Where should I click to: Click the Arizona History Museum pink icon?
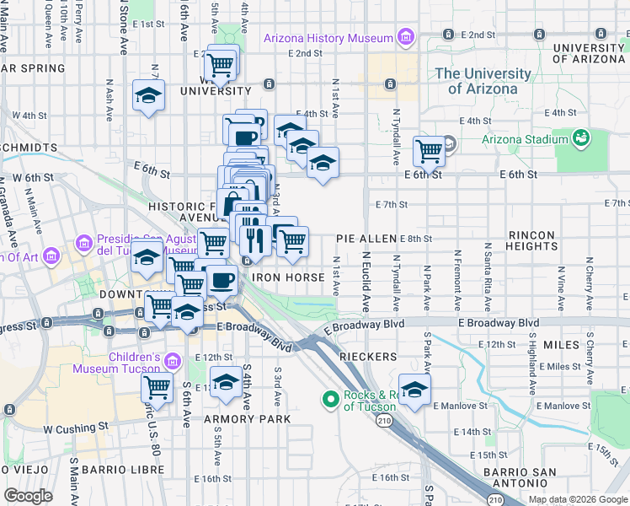tap(406, 38)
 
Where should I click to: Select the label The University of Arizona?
tap(476, 81)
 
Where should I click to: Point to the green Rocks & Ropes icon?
tap(331, 398)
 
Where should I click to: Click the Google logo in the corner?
tap(28, 496)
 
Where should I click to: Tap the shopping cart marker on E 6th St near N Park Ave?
tap(429, 152)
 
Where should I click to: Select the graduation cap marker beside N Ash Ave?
tap(148, 96)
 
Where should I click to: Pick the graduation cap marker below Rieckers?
tap(414, 390)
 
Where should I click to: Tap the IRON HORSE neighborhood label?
tap(288, 277)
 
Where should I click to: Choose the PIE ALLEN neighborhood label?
tap(366, 240)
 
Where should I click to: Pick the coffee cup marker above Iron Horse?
tap(222, 279)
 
